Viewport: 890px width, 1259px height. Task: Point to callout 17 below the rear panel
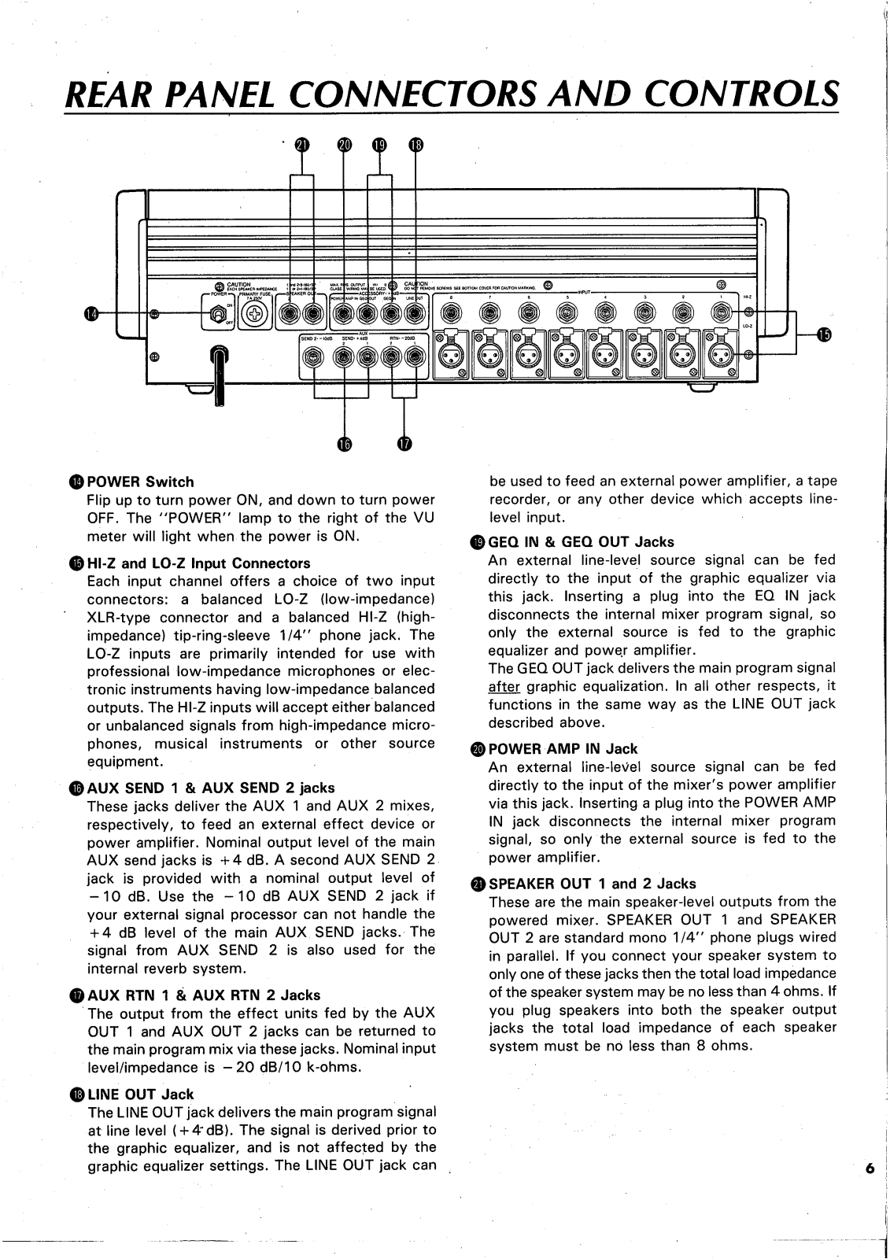404,445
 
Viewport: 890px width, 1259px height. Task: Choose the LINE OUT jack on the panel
412,315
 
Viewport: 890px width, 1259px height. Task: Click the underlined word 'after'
501,685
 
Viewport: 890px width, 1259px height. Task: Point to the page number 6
869,1169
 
